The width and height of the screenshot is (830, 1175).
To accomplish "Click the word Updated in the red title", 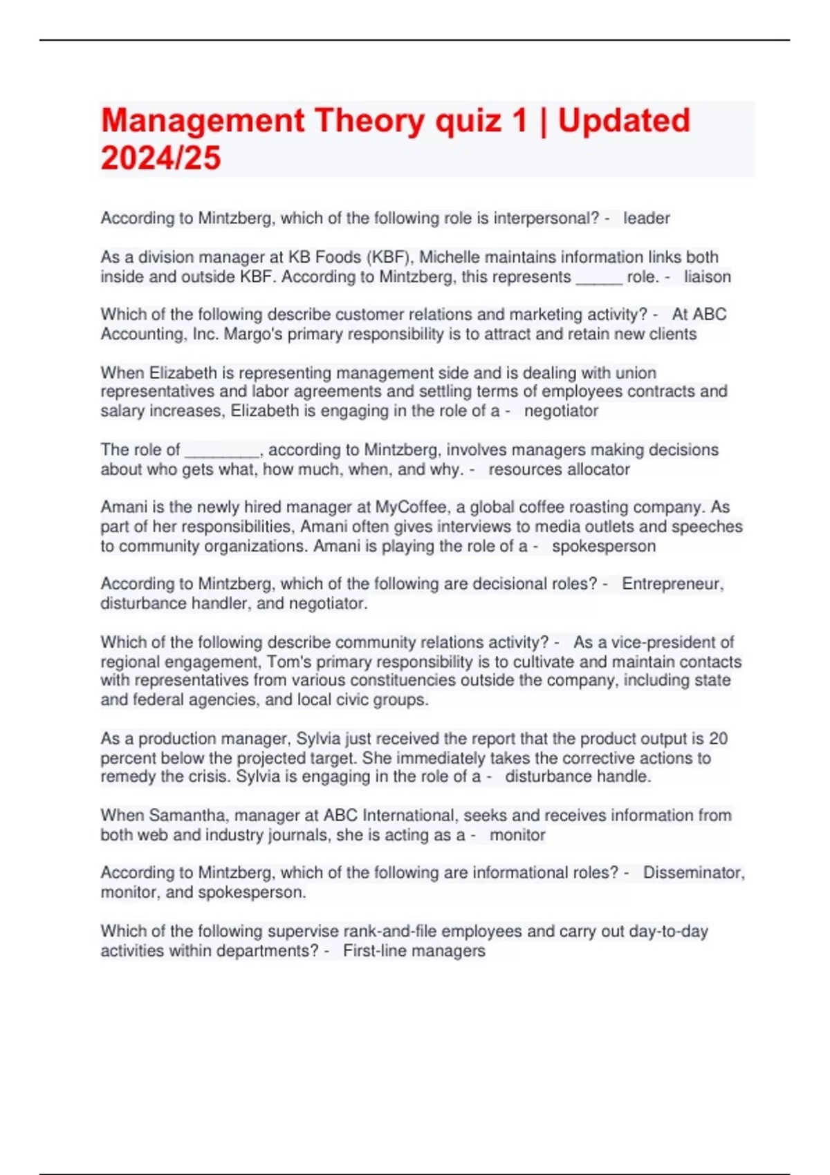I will click(624, 121).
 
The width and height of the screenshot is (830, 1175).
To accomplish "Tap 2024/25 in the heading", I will click(160, 158).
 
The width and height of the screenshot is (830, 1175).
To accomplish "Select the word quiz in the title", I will click(468, 121).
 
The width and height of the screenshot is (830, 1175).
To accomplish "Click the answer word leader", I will click(646, 218).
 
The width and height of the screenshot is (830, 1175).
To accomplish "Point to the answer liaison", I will click(707, 277).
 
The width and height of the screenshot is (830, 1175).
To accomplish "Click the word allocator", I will click(596, 470).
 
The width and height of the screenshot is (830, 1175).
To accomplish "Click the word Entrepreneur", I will click(672, 584).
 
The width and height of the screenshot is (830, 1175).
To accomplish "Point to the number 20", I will click(718, 739).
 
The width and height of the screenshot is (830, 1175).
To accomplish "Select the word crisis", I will click(210, 777).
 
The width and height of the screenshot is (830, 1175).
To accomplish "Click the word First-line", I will click(376, 951).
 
